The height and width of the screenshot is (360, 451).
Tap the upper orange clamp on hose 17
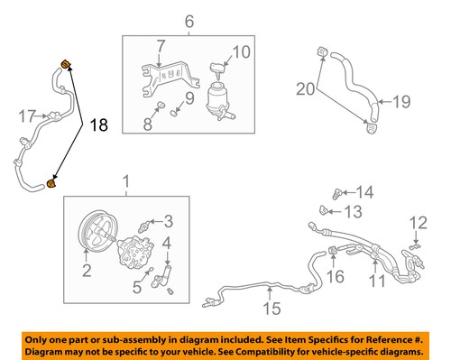pyautogui.click(x=65, y=62)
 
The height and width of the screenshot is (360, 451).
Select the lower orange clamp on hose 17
pyautogui.click(x=51, y=184)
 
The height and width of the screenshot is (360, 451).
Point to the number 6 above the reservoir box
pyautogui.click(x=189, y=21)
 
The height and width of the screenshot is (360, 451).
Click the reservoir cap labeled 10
pyautogui.click(x=218, y=69)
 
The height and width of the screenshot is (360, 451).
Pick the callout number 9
pyautogui.click(x=189, y=97)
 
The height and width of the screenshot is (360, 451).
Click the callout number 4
pyautogui.click(x=168, y=243)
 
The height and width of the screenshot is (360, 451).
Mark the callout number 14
pyautogui.click(x=364, y=191)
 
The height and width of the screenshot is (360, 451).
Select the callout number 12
pyautogui.click(x=416, y=222)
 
